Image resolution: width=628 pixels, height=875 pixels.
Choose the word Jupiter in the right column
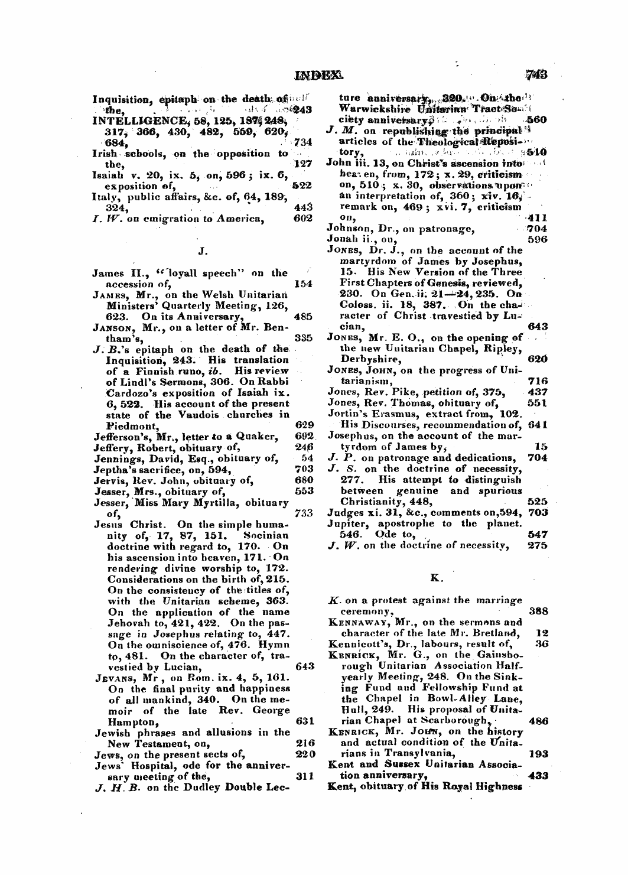tap(344, 523)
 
